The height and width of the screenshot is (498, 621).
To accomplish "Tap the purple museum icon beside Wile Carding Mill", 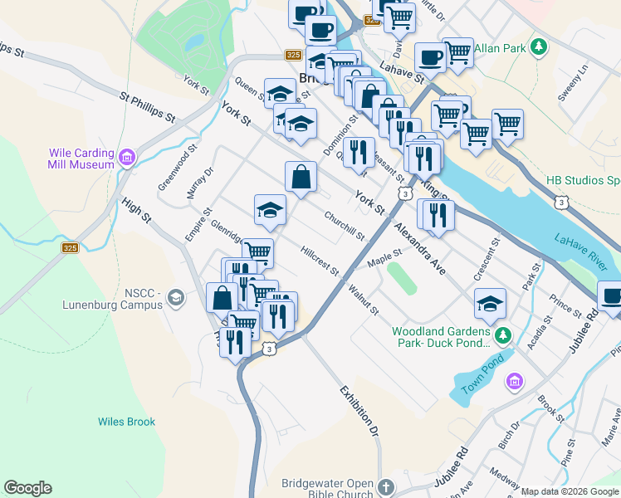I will click(127, 157).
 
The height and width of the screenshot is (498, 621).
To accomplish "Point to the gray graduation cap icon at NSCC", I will click(176, 297).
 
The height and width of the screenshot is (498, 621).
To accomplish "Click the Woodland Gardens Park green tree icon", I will click(502, 335).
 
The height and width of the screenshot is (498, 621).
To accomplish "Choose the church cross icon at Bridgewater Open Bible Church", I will click(385, 487).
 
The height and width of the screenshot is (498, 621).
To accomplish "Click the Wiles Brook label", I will click(126, 422).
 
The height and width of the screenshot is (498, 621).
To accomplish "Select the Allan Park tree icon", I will click(540, 47).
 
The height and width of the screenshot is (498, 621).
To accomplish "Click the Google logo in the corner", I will click(27, 488).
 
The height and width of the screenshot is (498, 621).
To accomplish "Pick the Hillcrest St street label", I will click(320, 261).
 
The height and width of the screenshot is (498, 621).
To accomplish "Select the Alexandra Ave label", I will click(420, 249).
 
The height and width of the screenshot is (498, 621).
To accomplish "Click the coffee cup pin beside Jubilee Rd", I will click(611, 296).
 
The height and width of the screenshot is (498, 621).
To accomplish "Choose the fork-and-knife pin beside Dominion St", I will click(358, 152).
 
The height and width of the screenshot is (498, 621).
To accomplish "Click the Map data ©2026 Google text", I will click(570, 491).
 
